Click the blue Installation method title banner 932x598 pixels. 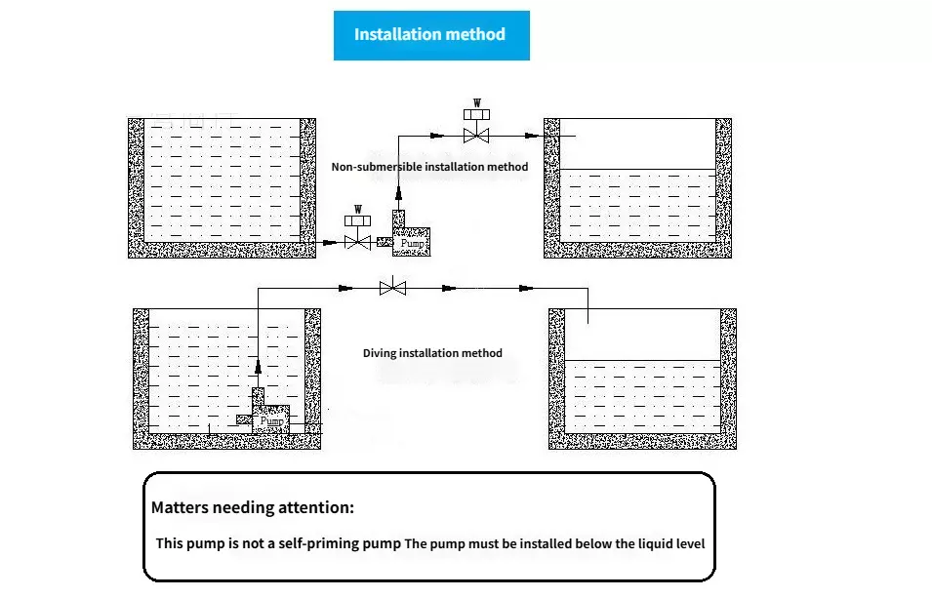click(430, 35)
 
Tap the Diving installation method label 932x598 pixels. click(432, 352)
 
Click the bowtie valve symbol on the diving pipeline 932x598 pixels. click(392, 288)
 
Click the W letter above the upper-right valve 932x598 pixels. click(477, 102)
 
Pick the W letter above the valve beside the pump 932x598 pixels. click(358, 209)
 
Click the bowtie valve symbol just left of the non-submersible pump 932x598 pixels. click(358, 241)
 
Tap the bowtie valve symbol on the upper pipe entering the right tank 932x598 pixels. click(477, 135)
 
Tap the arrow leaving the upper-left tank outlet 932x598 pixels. click(329, 241)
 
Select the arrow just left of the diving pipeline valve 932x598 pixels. click(343, 288)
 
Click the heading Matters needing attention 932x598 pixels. click(252, 507)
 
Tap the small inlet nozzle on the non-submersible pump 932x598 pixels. click(384, 242)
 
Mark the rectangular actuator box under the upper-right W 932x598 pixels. click(477, 115)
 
